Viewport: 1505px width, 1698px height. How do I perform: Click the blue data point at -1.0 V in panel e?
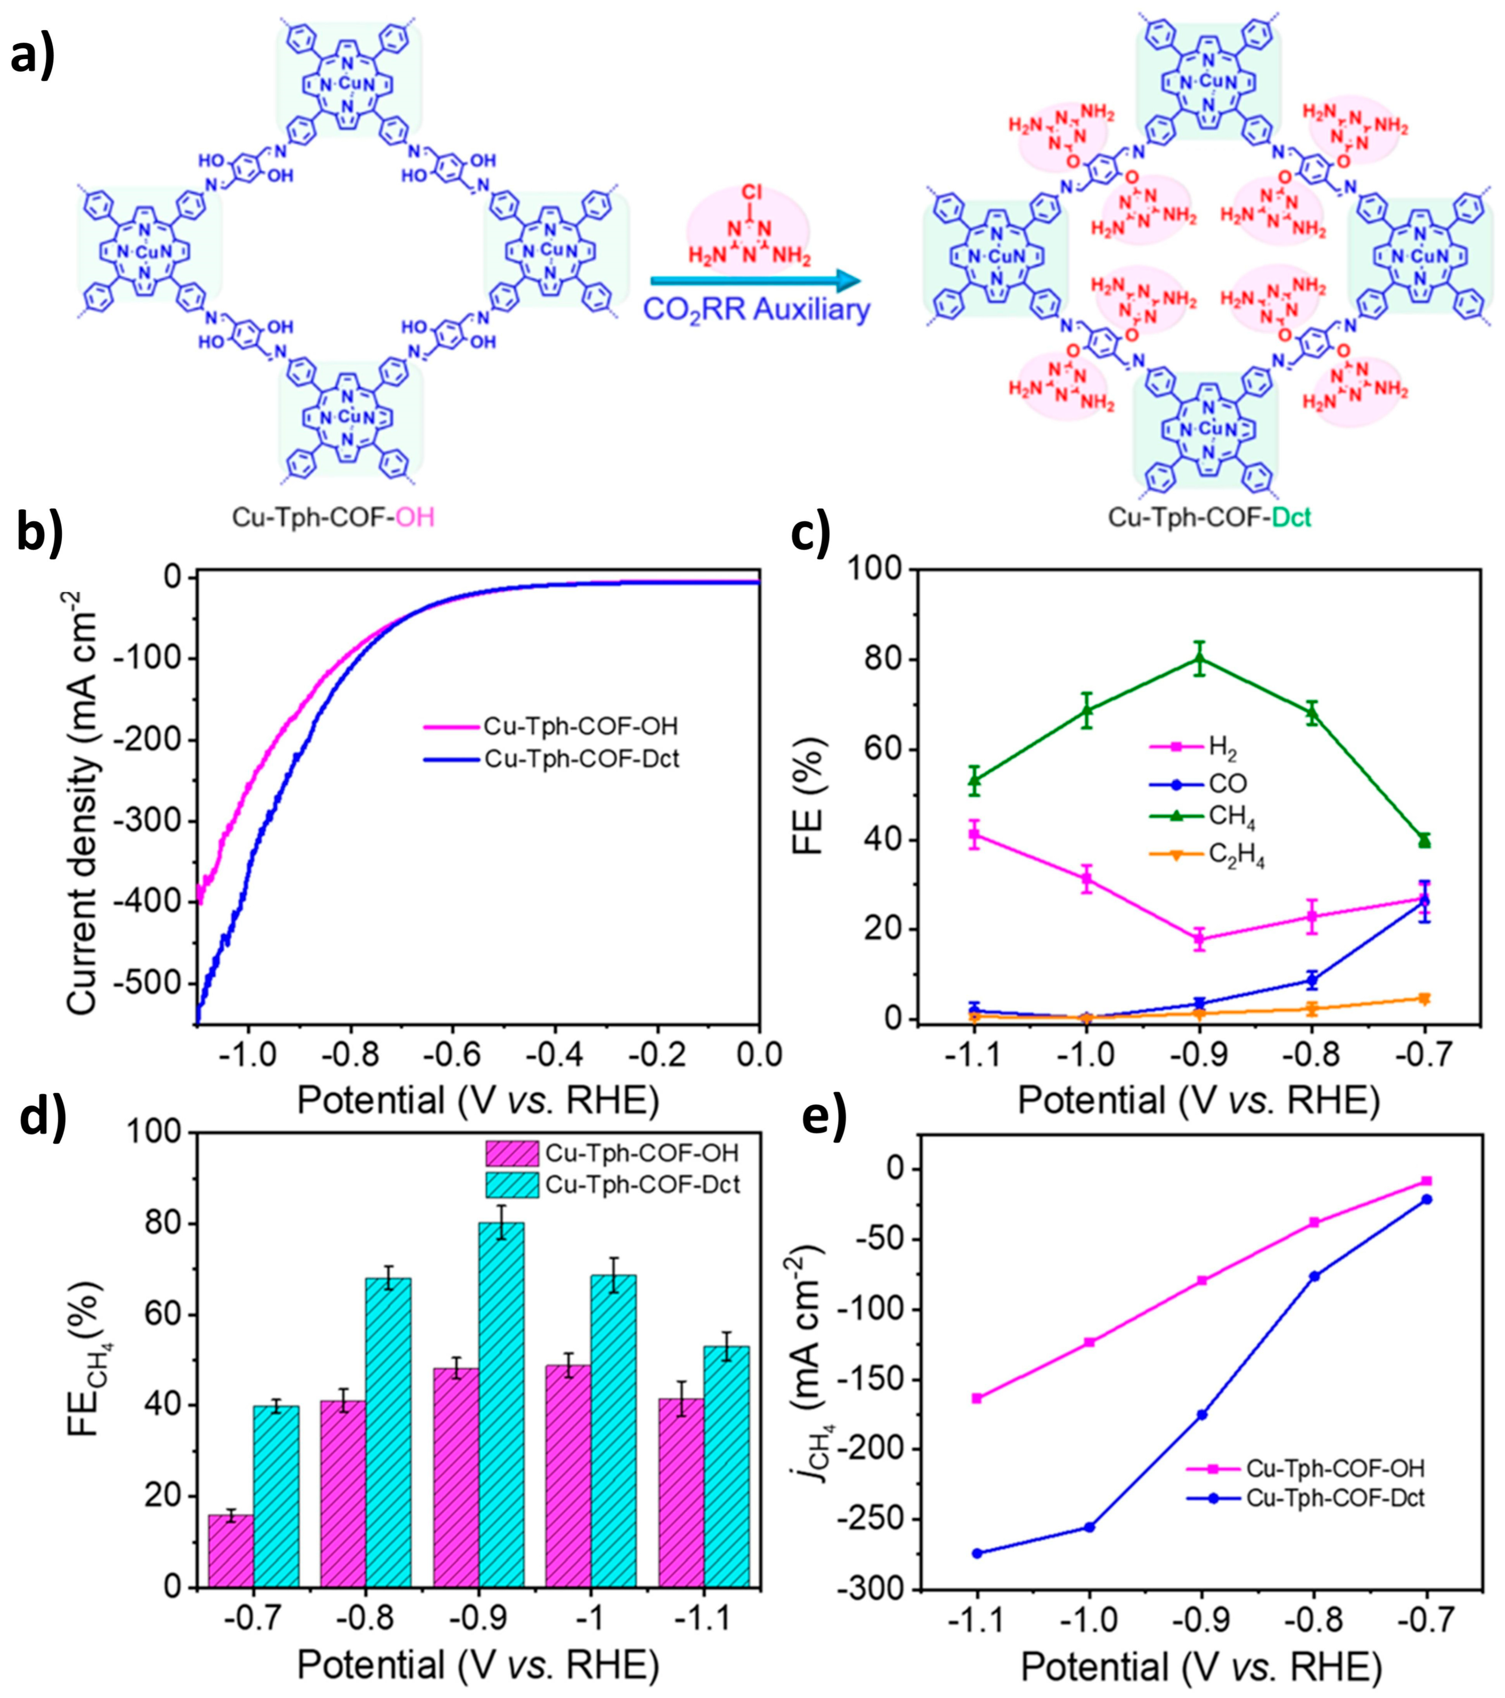(1089, 1527)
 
